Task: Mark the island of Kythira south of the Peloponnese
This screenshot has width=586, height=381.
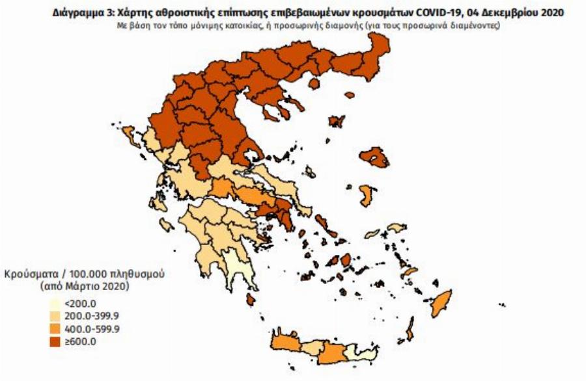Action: point(251,300)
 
